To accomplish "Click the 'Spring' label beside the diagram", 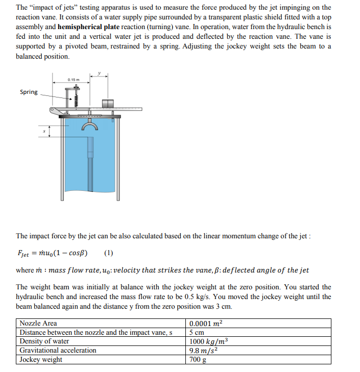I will point(29,92).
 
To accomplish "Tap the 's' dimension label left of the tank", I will point(44,131).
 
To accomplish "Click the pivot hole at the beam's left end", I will point(53,110).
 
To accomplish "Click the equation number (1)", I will point(108,253).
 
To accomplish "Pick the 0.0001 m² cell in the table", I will point(206,324).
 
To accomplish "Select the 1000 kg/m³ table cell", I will point(208,341).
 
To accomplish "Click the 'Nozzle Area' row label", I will point(38,324).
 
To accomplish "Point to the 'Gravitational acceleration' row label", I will point(58,351).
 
